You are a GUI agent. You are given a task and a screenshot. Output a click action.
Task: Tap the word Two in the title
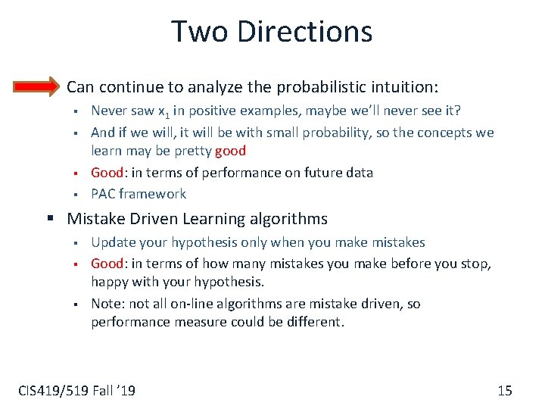pos(196,32)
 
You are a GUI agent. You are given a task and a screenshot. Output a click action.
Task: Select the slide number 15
pos(505,391)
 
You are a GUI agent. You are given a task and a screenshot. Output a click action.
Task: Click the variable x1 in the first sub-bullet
pos(163,112)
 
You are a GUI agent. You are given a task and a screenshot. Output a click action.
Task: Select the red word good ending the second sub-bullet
pos(230,151)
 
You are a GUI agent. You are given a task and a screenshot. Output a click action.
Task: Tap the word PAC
pos(104,194)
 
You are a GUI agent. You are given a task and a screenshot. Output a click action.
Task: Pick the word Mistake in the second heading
pos(94,220)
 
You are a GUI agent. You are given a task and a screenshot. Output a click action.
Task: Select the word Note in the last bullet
pos(106,304)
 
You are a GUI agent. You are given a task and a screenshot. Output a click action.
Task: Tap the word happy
pos(109,283)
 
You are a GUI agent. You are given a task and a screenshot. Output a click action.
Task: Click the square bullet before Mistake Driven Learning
pos(51,220)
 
